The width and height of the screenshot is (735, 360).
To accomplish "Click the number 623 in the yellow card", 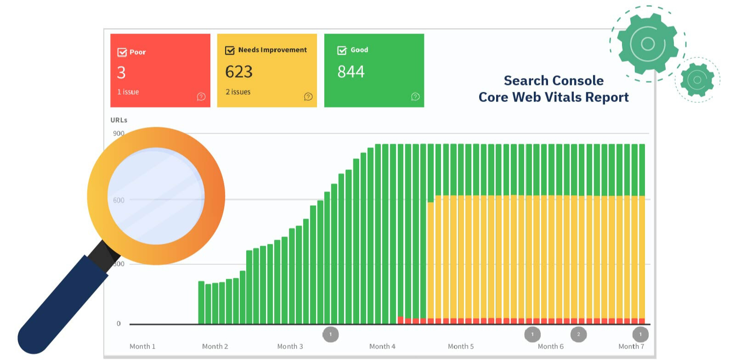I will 239,72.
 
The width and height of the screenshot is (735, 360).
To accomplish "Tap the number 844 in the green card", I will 351,72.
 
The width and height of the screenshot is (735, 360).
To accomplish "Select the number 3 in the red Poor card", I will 121,73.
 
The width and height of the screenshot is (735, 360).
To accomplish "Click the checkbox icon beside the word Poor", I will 122,52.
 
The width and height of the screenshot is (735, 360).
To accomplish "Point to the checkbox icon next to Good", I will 342,50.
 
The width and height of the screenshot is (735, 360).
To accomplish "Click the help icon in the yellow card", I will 308,96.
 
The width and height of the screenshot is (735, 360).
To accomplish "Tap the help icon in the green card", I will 415,96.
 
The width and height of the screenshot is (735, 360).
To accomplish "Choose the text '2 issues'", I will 238,92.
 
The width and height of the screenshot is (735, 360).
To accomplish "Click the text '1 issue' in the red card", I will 128,92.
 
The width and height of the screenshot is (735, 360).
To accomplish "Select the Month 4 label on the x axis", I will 382,346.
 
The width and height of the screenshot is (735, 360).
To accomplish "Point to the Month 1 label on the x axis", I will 142,346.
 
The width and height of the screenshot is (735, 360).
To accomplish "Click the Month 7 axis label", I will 631,346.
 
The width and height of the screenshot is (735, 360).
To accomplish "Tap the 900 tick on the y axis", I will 119,133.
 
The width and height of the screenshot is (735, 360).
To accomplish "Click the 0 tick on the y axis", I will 119,323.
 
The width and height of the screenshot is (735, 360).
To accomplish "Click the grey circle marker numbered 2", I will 578,334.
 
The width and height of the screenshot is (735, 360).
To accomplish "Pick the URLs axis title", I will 119,120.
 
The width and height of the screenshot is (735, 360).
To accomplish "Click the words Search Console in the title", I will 554,81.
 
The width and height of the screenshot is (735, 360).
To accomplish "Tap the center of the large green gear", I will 648,44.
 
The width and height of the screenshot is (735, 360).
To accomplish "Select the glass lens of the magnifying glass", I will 156,196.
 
